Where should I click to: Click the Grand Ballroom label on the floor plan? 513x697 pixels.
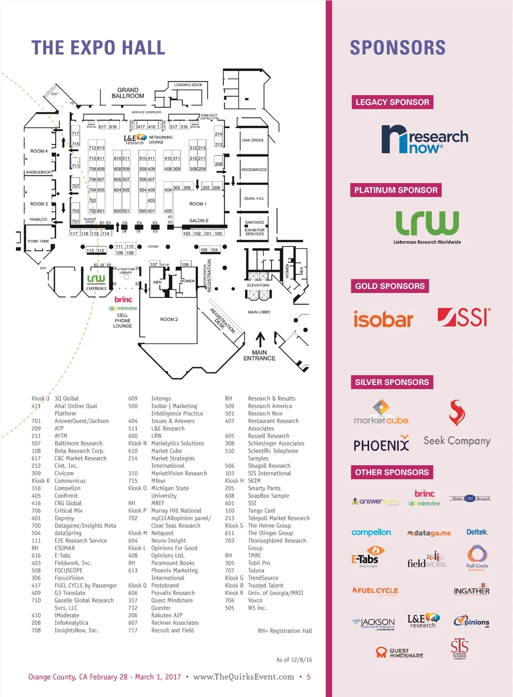click(x=128, y=93)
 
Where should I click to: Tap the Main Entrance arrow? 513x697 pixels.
click(x=260, y=339)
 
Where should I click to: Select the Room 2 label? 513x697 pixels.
click(x=169, y=319)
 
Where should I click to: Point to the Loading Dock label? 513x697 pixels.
click(x=188, y=85)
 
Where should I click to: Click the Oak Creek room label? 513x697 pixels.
click(x=252, y=140)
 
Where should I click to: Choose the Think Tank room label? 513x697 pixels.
click(x=38, y=241)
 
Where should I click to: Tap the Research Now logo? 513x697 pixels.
click(x=424, y=139)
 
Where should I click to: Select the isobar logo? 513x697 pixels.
click(x=383, y=319)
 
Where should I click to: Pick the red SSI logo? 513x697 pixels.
click(x=464, y=317)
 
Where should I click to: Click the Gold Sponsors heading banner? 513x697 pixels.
click(x=390, y=286)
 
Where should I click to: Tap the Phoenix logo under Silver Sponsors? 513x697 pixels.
click(x=381, y=445)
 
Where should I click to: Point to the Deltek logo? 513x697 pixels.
click(x=477, y=532)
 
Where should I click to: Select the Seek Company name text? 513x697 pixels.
click(x=457, y=441)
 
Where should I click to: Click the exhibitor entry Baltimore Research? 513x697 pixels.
click(x=78, y=444)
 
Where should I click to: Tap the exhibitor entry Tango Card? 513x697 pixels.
click(x=262, y=511)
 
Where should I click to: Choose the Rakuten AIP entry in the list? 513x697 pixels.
click(x=167, y=615)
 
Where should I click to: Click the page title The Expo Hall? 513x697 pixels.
click(x=98, y=48)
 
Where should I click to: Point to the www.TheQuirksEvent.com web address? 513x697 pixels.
click(x=243, y=677)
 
